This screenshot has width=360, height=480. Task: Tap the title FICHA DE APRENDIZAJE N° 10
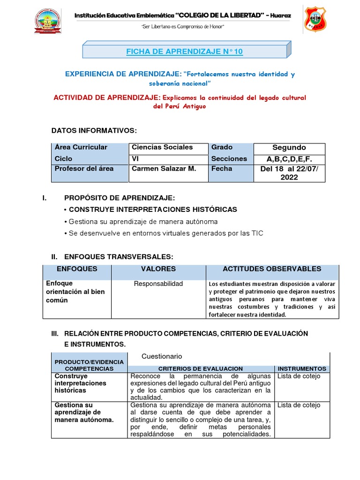click(x=185, y=52)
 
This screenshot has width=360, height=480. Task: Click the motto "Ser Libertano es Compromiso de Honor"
click(x=183, y=27)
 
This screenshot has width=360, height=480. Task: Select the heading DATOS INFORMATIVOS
click(x=94, y=130)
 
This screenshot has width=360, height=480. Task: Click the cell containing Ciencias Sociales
click(x=162, y=147)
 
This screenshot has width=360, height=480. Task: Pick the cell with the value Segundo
click(x=289, y=148)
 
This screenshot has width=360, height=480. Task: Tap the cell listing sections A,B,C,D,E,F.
click(x=289, y=159)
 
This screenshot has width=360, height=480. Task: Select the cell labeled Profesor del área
click(x=84, y=169)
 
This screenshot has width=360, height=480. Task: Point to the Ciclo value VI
click(x=135, y=159)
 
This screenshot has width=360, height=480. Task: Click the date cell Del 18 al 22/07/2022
click(x=289, y=173)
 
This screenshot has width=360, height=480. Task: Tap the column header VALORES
click(x=158, y=269)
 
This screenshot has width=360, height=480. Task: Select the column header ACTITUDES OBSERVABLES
click(x=272, y=269)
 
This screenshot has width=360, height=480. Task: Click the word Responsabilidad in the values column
click(x=158, y=284)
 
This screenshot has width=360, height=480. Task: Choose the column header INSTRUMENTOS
click(x=302, y=369)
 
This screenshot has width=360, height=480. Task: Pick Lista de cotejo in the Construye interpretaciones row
click(x=299, y=376)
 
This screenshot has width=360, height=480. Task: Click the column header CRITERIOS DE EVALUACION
click(x=200, y=369)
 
